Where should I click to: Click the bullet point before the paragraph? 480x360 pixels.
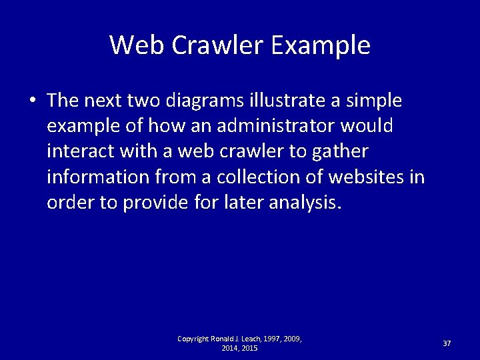32,101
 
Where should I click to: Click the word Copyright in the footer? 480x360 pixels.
194,339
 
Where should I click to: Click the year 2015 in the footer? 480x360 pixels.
250,348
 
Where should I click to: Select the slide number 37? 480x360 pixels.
447,343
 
